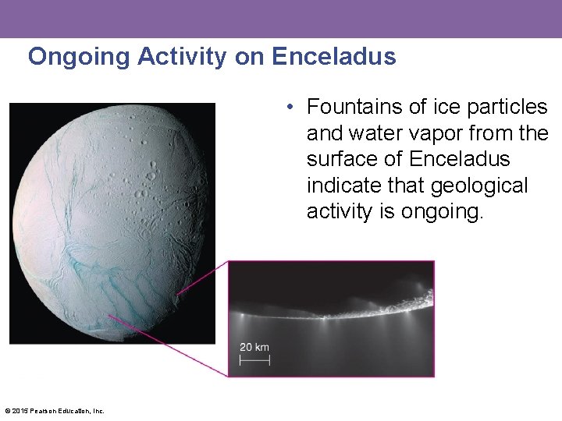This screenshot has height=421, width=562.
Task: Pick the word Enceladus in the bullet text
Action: pos(460,159)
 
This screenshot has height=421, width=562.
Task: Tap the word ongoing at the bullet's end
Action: pos(441,212)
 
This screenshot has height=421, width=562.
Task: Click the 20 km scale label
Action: pos(254,347)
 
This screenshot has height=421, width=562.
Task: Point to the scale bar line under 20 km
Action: pos(254,360)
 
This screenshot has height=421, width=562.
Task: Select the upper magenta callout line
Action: pos(203,278)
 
